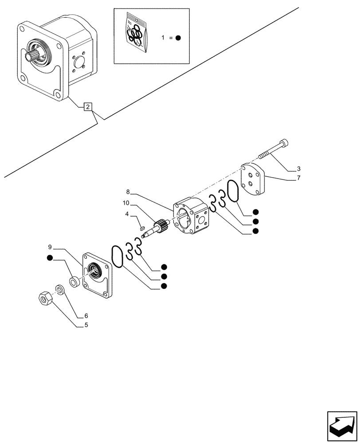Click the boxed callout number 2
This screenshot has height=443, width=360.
click(88, 107)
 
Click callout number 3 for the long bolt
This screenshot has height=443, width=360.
click(298, 169)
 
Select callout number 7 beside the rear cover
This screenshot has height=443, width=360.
click(298, 178)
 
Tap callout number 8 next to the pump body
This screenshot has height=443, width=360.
click(128, 192)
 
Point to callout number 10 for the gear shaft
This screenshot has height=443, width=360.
click(126, 202)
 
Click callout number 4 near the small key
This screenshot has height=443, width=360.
click(127, 214)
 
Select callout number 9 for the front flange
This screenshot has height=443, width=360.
click(51, 246)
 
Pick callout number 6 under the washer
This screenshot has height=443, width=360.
click(86, 316)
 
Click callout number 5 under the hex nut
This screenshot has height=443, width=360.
click(86, 325)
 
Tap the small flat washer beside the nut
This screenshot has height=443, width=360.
click(59, 290)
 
